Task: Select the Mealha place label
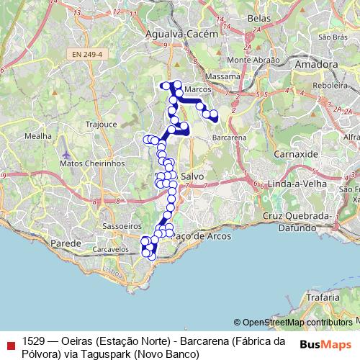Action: tap(37, 135)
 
